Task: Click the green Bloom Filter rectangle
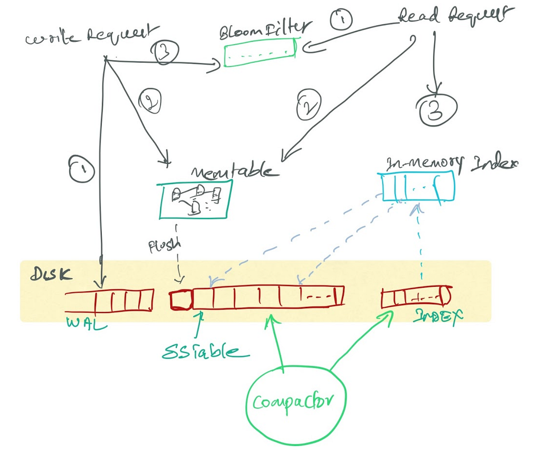click(x=260, y=53)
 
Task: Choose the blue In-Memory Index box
click(x=418, y=186)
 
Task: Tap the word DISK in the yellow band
click(x=51, y=274)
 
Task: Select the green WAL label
click(x=87, y=323)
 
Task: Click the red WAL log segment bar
click(x=109, y=301)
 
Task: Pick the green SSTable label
click(x=205, y=351)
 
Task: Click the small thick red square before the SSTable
click(x=181, y=300)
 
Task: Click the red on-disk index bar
click(x=415, y=298)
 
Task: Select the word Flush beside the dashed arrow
click(x=165, y=244)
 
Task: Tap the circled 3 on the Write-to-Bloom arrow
click(x=165, y=52)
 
